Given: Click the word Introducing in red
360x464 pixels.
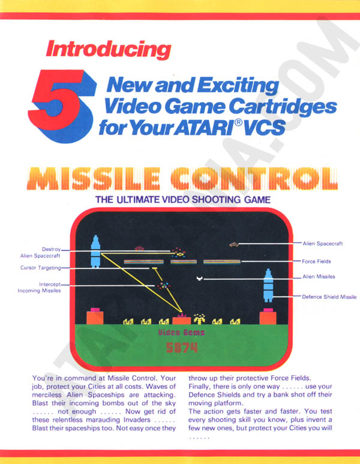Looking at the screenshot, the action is [109, 49].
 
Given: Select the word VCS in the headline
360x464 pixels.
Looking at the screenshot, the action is [265, 127].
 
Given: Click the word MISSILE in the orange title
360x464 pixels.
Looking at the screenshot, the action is [94, 179].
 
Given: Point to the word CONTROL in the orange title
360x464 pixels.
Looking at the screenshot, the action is [254, 179].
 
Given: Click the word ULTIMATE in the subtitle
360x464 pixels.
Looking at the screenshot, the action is [139, 200].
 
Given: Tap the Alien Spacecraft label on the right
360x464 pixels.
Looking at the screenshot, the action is [322, 244].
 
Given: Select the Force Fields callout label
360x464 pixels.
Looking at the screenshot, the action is [316, 261].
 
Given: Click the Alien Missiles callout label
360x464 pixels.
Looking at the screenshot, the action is [319, 277].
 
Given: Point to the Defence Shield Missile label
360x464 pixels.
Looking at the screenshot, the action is [329, 297].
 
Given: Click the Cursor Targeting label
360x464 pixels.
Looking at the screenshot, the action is [41, 268].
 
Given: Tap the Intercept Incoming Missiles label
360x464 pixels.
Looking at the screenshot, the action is [39, 288].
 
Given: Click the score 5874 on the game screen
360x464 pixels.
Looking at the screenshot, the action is [181, 348].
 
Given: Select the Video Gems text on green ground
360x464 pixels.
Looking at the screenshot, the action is [181, 333].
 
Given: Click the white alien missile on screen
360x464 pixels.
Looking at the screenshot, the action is [200, 278].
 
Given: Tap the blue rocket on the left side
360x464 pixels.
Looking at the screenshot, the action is [95, 252].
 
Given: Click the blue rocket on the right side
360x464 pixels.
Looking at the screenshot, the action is [268, 285].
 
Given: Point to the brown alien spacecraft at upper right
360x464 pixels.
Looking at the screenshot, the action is [234, 244].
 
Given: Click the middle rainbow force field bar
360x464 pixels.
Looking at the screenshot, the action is [184, 262].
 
